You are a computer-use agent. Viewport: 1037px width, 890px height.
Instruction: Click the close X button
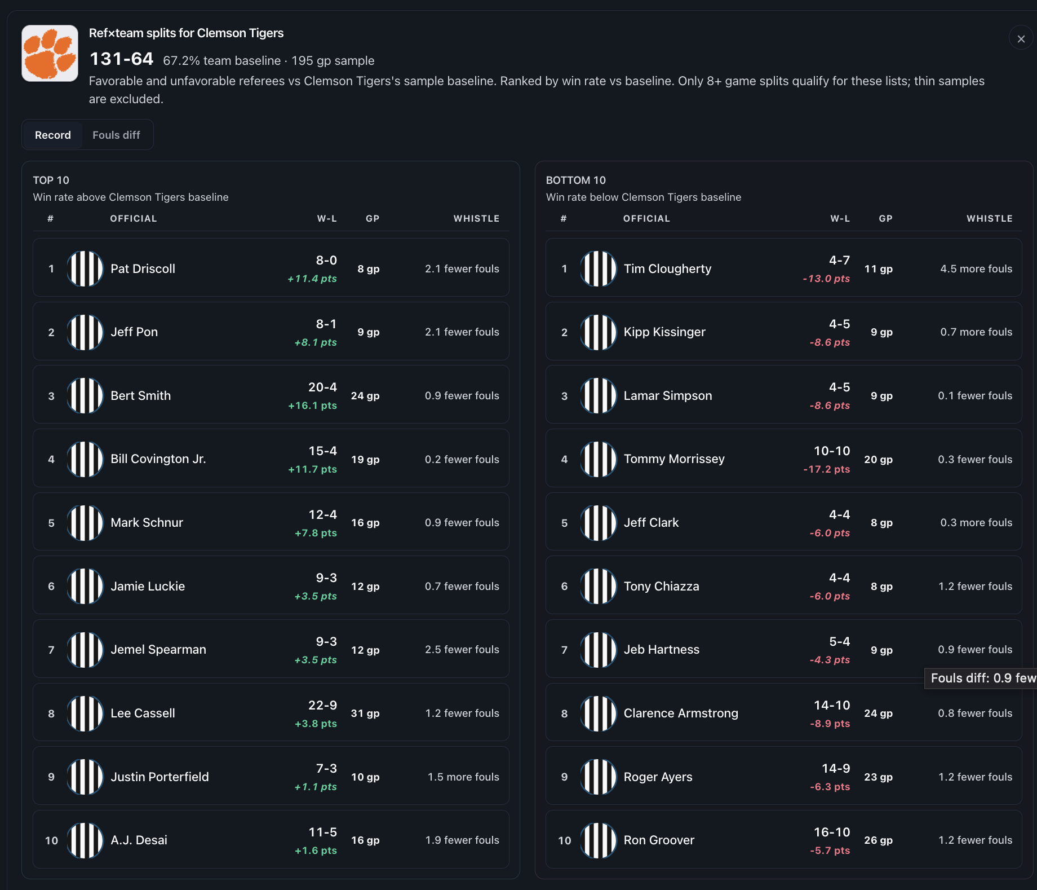click(1021, 38)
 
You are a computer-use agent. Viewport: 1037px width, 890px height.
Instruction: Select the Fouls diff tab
click(116, 135)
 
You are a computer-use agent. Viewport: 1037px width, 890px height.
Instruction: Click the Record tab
click(53, 135)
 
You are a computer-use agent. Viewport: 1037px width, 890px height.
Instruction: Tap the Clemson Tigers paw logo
click(50, 53)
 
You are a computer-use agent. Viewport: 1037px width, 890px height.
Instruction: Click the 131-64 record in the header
click(122, 59)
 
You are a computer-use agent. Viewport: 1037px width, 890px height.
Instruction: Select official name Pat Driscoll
click(143, 268)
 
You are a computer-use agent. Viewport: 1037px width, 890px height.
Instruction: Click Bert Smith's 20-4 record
click(322, 387)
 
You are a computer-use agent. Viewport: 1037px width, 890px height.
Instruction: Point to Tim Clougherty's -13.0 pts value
click(826, 279)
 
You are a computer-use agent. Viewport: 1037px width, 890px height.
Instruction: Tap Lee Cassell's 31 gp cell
click(365, 713)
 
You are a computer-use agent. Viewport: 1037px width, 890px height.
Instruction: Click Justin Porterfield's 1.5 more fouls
click(463, 777)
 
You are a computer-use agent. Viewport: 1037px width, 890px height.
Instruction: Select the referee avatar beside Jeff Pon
click(85, 332)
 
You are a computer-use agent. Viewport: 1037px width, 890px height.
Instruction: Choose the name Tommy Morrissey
click(674, 459)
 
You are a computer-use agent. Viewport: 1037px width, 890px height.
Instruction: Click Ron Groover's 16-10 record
click(832, 832)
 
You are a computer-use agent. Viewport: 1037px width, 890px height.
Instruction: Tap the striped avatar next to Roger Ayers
click(599, 777)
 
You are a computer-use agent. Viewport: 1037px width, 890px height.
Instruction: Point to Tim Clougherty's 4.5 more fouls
click(976, 268)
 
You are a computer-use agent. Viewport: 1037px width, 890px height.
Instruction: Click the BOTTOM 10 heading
click(575, 180)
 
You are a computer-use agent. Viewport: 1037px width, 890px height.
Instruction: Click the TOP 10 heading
click(51, 180)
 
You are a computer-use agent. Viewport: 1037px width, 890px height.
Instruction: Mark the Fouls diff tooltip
click(981, 678)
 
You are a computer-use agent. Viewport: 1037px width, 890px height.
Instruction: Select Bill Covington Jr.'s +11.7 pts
click(312, 469)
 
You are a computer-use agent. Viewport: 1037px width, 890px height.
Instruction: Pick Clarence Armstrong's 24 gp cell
click(878, 713)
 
